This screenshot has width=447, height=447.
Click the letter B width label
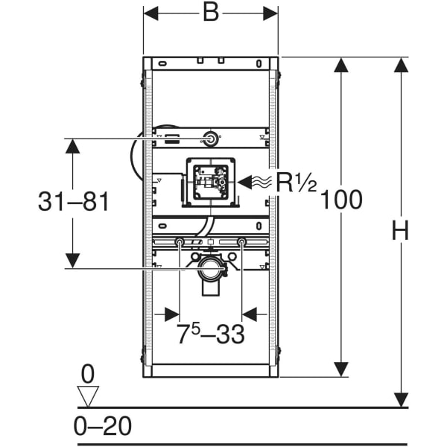tap(211, 13)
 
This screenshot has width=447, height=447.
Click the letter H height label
tap(401, 230)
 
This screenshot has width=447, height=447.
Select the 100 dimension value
tap(341, 200)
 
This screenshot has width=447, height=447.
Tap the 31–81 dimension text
tap(73, 202)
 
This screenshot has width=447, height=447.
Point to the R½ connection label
tap(297, 183)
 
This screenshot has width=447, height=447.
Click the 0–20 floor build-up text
tap(103, 426)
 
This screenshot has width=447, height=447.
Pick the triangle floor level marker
tap(88, 396)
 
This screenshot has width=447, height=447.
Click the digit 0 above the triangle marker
tap(87, 374)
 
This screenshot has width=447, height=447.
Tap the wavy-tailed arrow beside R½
tap(255, 183)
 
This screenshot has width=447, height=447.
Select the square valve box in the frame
tap(211, 183)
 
